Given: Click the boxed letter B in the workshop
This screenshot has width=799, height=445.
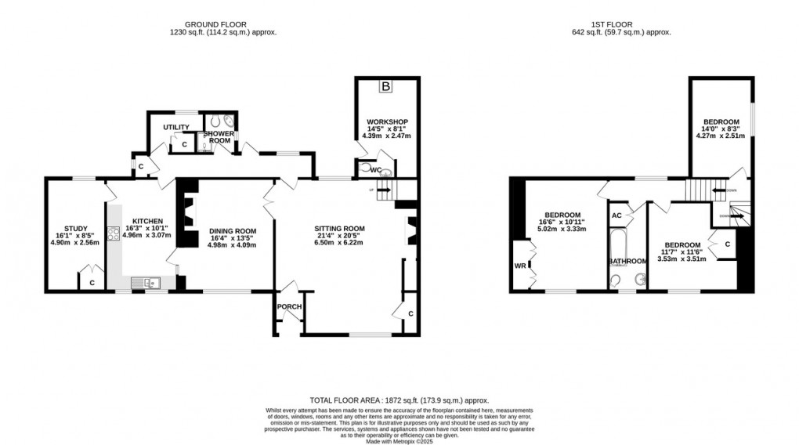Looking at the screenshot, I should pos(385,86).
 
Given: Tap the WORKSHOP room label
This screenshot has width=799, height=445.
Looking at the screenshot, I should pos(385,122).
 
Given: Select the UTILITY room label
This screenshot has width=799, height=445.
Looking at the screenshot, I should pos(175,127).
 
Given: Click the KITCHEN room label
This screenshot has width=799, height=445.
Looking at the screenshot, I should pos(146,221).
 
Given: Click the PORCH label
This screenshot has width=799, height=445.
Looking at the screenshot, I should pos(289,306).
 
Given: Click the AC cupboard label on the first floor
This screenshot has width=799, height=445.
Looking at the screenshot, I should pos(616,215).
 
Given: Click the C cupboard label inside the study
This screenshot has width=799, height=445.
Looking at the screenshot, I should pos(92,282).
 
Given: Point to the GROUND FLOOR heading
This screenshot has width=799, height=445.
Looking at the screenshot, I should pos(224,24).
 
